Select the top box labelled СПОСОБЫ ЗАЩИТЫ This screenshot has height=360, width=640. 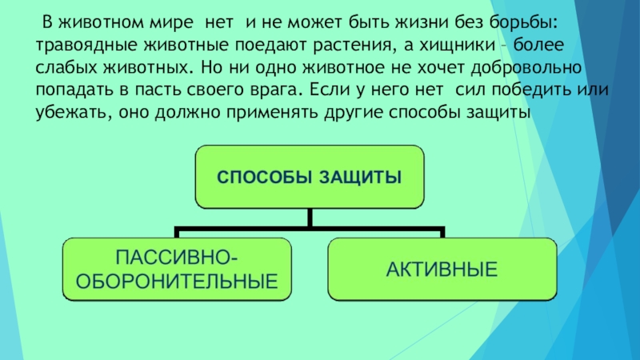(310, 176)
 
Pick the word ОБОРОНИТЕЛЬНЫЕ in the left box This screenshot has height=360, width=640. (174, 281)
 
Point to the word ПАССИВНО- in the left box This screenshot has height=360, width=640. (176, 258)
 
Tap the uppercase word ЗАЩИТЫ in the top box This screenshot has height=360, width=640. (359, 176)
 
